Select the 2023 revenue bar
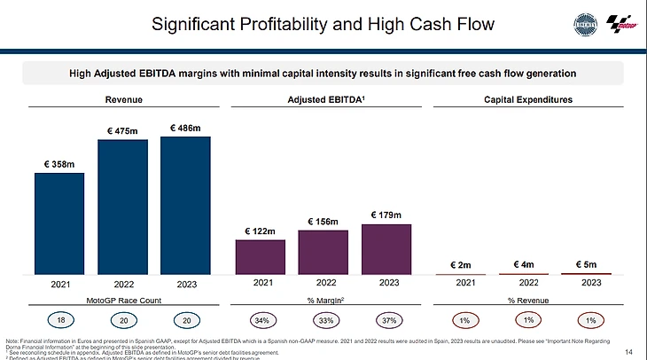pyautogui.click(x=185, y=205)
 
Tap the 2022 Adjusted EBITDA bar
pyautogui.click(x=323, y=252)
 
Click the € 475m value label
pyautogui.click(x=122, y=131)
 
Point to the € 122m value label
pyautogui.click(x=260, y=231)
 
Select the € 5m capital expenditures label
pyautogui.click(x=587, y=263)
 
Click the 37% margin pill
pyautogui.click(x=386, y=319)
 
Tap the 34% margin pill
pyautogui.click(x=261, y=319)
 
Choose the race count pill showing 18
pyautogui.click(x=60, y=319)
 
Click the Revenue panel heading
pyautogui.click(x=123, y=99)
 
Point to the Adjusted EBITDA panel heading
pyautogui.click(x=323, y=99)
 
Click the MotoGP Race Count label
pyautogui.click(x=122, y=301)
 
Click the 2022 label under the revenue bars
pyautogui.click(x=122, y=284)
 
